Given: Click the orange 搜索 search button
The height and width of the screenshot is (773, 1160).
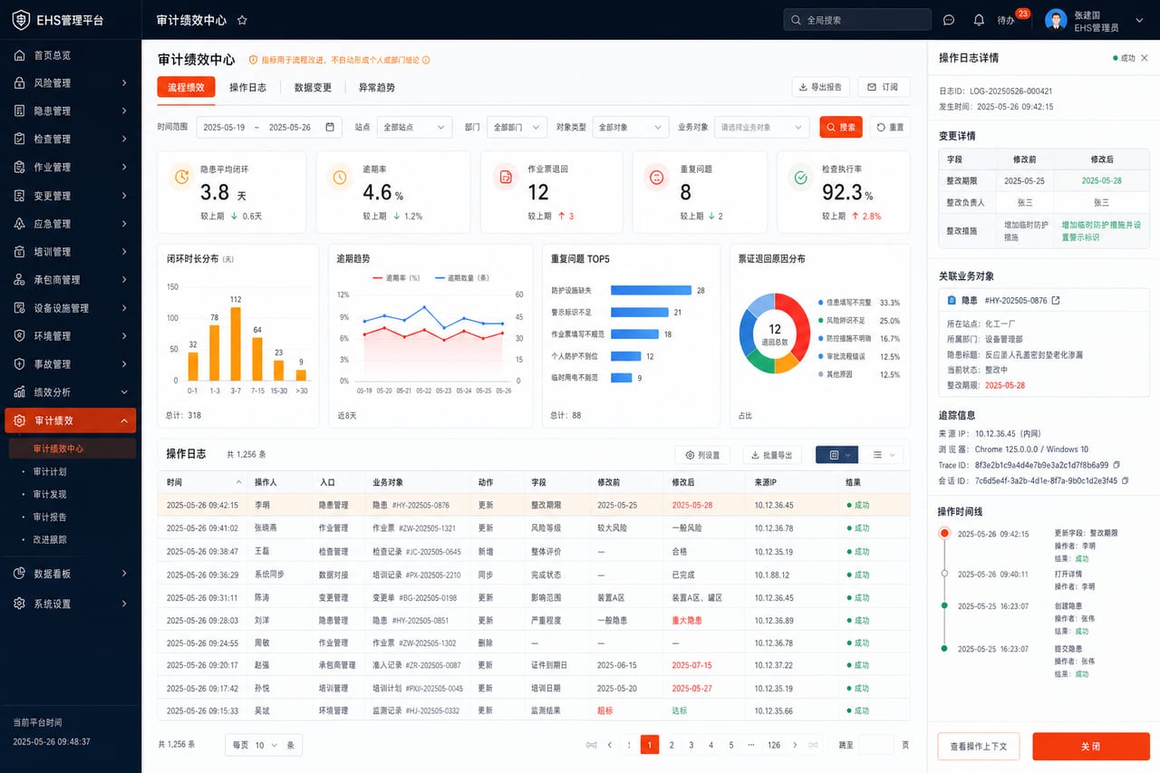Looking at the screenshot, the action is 840,127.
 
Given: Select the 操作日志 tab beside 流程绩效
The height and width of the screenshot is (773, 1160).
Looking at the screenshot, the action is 247,88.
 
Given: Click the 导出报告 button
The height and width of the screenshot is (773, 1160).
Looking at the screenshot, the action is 820,87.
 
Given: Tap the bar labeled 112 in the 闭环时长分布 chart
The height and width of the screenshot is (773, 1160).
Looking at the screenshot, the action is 236,343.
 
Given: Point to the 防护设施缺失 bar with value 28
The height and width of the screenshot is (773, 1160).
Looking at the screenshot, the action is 651,291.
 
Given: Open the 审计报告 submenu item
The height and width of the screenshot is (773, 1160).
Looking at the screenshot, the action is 50,517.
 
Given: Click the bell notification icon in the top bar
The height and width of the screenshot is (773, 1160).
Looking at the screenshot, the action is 978,20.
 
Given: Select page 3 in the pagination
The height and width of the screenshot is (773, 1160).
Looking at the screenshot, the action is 691,745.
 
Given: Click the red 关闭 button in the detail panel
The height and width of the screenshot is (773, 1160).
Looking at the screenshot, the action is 1090,746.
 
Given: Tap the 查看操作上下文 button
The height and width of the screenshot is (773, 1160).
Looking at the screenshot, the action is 978,746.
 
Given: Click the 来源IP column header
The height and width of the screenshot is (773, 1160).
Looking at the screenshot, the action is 766,482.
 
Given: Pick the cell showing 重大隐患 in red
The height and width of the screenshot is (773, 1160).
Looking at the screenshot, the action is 687,620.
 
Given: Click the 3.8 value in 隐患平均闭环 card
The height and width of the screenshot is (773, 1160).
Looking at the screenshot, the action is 215,193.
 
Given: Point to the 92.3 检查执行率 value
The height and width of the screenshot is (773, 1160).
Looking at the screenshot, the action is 842,193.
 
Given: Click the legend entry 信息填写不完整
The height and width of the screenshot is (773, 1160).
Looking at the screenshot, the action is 848,303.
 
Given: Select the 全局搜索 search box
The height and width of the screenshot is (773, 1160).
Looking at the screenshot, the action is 857,20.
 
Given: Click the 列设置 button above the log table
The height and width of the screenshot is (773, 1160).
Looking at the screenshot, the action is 702,455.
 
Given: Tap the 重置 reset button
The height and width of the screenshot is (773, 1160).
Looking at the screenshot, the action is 890,127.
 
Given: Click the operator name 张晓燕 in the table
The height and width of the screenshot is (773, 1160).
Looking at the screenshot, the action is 266,527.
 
